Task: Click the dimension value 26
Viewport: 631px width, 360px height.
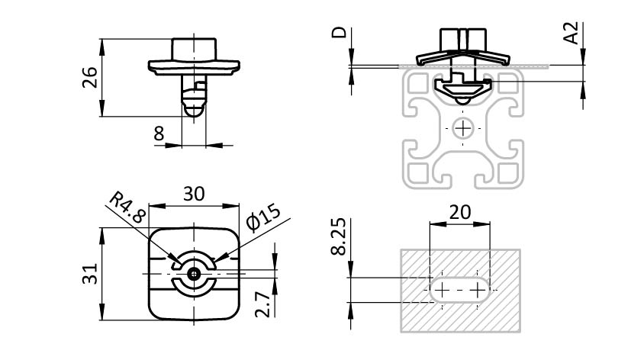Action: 90,77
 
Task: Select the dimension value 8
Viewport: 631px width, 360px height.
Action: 159,133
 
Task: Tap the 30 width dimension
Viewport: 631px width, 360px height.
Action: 194,194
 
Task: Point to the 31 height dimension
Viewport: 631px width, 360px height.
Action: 90,274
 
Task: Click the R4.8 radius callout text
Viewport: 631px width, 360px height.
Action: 127,207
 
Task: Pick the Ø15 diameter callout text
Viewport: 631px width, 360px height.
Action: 263,218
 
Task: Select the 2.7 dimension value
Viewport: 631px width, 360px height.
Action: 262,304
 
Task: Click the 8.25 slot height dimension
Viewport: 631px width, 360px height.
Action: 339,236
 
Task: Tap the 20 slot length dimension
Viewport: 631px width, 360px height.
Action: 459,212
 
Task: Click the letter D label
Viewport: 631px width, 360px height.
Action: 339,32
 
